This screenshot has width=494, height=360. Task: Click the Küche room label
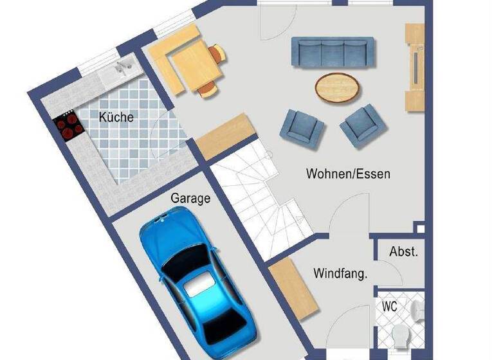pos(116,117)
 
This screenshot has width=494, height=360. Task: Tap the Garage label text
pos(190,199)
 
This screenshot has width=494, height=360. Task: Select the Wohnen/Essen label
pos(348,174)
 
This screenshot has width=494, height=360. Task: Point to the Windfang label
pos(340,274)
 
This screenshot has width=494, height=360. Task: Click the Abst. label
pos(403,252)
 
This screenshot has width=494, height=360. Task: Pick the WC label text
pos(390,307)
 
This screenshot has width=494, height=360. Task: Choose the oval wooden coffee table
pos(338,87)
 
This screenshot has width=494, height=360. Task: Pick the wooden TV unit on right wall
pos(414,67)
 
